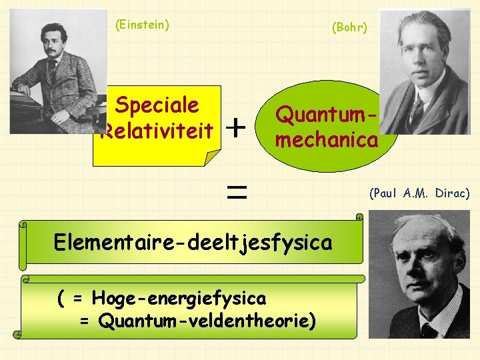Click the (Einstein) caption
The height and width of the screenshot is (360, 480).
[142, 25]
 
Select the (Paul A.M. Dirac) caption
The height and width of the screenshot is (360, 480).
[419, 193]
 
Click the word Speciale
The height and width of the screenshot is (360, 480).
[157, 105]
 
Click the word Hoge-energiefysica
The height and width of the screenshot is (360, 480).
[179, 297]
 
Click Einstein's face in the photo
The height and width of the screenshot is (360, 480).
[54, 44]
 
